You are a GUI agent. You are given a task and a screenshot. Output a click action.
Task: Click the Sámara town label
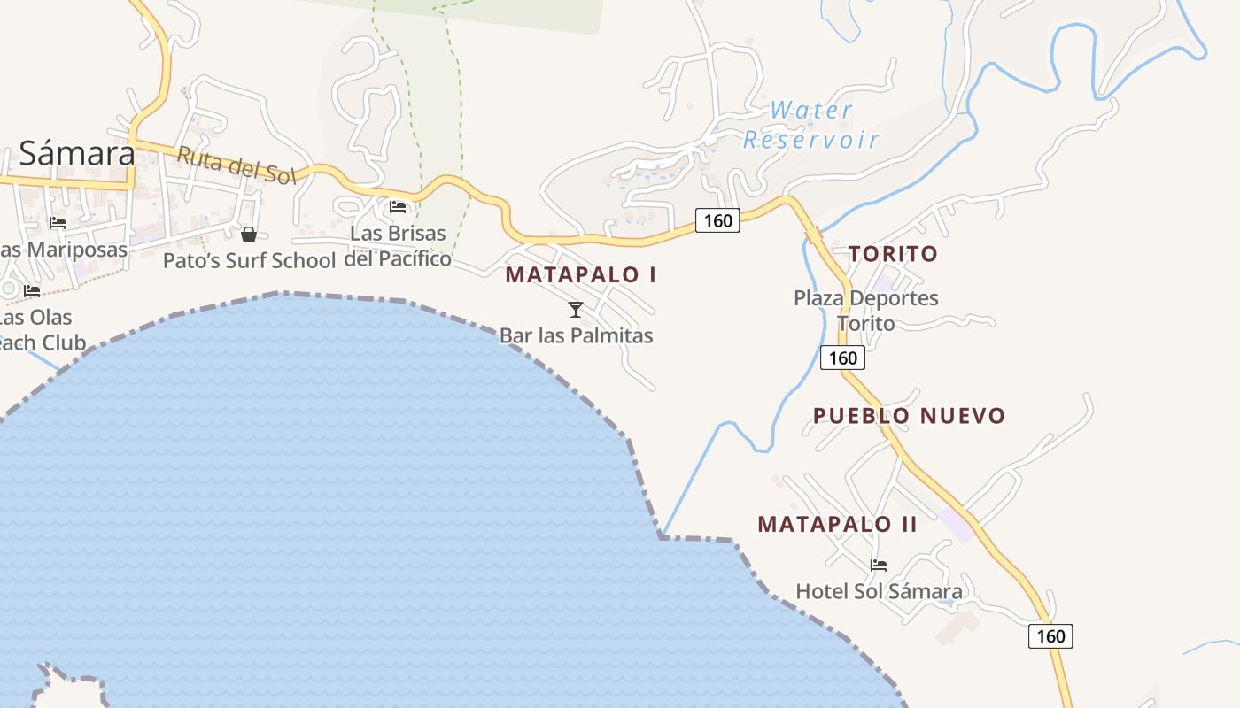click(77, 153)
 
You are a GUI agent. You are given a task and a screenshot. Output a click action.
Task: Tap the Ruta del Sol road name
click(235, 165)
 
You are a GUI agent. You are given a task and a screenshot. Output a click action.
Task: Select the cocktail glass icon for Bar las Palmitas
click(576, 310)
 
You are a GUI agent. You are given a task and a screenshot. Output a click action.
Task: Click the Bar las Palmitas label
click(576, 335)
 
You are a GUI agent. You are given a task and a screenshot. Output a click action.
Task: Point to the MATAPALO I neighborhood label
click(581, 274)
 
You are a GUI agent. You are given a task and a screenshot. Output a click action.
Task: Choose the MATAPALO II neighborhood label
click(837, 524)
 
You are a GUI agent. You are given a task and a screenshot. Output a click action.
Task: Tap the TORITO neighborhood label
click(893, 254)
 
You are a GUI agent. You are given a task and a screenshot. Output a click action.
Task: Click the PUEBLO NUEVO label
click(909, 416)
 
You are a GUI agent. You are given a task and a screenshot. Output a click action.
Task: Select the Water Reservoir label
click(811, 125)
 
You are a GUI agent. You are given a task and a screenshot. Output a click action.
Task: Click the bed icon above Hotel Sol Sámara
click(879, 566)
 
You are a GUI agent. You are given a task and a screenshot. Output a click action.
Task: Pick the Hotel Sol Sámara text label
click(879, 591)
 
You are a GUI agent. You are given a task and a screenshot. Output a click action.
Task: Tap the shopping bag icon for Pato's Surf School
click(249, 235)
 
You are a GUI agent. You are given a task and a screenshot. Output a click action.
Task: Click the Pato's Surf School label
click(249, 260)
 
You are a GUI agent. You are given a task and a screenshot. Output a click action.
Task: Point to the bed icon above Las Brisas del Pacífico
click(398, 207)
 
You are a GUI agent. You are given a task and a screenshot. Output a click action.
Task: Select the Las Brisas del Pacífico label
click(398, 246)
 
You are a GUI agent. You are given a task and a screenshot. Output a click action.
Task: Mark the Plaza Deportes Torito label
click(865, 310)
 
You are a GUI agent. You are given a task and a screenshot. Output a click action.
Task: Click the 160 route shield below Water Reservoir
click(717, 220)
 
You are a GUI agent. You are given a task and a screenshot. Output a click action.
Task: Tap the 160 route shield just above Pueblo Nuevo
click(842, 358)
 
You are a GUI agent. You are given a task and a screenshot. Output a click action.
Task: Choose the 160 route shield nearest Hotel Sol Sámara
click(1050, 635)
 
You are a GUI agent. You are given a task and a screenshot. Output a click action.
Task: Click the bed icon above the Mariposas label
click(58, 223)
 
